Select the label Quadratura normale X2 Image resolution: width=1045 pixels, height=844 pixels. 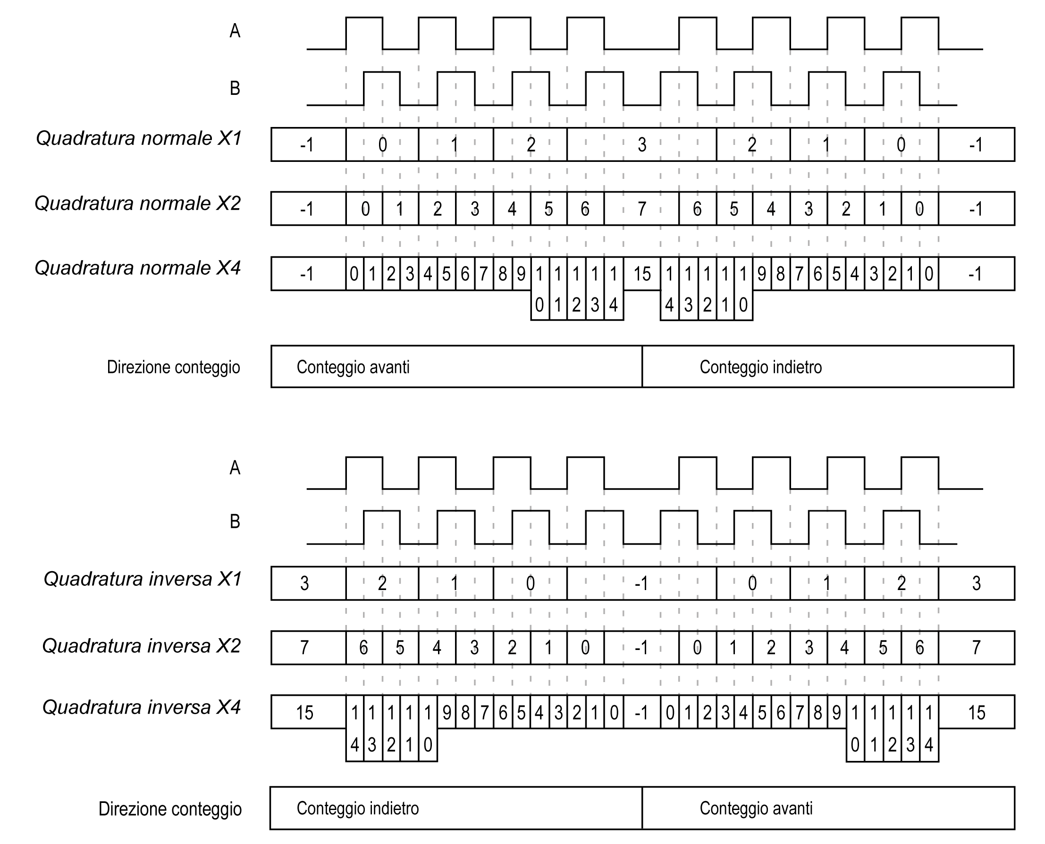137,203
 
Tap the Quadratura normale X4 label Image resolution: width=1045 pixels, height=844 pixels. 137,268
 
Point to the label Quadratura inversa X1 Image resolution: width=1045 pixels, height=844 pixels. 143,579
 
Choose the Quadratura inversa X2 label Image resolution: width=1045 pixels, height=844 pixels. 142,646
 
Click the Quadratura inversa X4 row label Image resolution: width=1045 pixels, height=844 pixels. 142,708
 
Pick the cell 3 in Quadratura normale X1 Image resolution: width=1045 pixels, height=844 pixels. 641,145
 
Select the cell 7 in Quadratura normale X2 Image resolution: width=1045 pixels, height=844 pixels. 641,209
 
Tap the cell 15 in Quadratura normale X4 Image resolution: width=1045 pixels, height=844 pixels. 641,274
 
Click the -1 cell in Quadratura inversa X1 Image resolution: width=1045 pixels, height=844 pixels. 641,583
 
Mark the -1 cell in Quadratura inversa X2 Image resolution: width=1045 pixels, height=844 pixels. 641,648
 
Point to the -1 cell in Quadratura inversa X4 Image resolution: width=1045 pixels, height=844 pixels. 641,713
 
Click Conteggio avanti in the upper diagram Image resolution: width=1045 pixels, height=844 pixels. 354,367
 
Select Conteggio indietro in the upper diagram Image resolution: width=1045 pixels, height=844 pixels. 761,367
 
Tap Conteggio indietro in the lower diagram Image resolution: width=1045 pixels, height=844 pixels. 358,809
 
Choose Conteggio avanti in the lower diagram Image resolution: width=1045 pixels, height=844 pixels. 756,809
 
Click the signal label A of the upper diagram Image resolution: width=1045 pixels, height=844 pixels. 235,31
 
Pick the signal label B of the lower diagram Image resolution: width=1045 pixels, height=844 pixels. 235,522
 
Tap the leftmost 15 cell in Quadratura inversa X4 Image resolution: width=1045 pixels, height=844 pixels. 305,713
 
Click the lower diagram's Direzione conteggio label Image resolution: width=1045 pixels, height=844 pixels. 170,809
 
